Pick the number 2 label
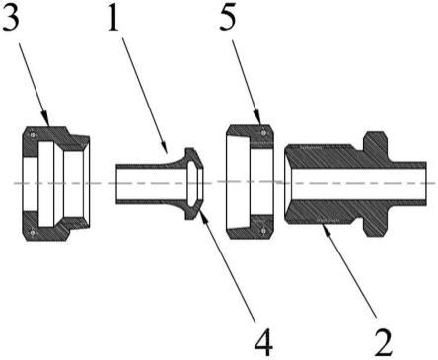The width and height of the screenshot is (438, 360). pos(384,342)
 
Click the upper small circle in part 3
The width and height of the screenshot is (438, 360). pos(33,135)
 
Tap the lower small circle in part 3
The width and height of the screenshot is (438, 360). pos(33,233)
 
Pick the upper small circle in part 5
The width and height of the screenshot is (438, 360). pos(263,132)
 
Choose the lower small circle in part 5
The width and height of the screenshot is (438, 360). pos(263,231)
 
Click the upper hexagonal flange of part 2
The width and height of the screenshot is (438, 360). pos(375,142)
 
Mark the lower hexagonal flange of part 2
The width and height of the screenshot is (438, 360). pos(375,226)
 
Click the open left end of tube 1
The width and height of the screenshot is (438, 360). pos(116,183)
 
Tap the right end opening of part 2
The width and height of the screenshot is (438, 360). pos(425,183)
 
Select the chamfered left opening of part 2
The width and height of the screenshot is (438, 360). pos(288,183)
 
